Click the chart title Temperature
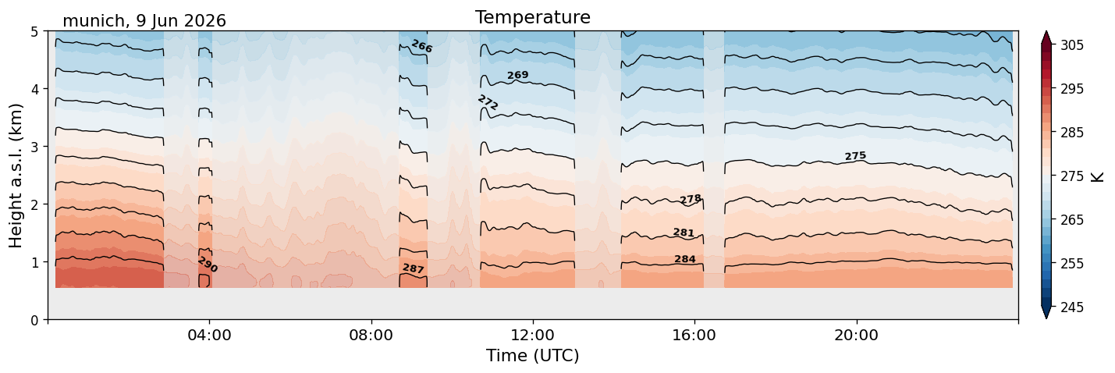pyautogui.click(x=533, y=17)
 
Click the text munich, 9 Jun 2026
pyautogui.click(x=144, y=21)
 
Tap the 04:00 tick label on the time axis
pyautogui.click(x=210, y=335)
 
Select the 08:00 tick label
pyautogui.click(x=371, y=335)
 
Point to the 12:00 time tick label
pyautogui.click(x=533, y=335)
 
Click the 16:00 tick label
pyautogui.click(x=694, y=335)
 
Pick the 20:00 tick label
pyautogui.click(x=856, y=335)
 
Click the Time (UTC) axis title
pyautogui.click(x=533, y=356)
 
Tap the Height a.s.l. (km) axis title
pyautogui.click(x=16, y=176)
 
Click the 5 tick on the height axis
pyautogui.click(x=35, y=32)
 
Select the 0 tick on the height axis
pyautogui.click(x=35, y=320)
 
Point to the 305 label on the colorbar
pyautogui.click(x=1072, y=45)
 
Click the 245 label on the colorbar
pyautogui.click(x=1072, y=307)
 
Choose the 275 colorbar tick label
pyautogui.click(x=1072, y=176)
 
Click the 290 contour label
pyautogui.click(x=208, y=265)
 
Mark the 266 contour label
pyautogui.click(x=422, y=46)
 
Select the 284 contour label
pyautogui.click(x=685, y=259)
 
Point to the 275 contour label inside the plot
pyautogui.click(x=856, y=156)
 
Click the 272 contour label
pyautogui.click(x=488, y=102)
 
